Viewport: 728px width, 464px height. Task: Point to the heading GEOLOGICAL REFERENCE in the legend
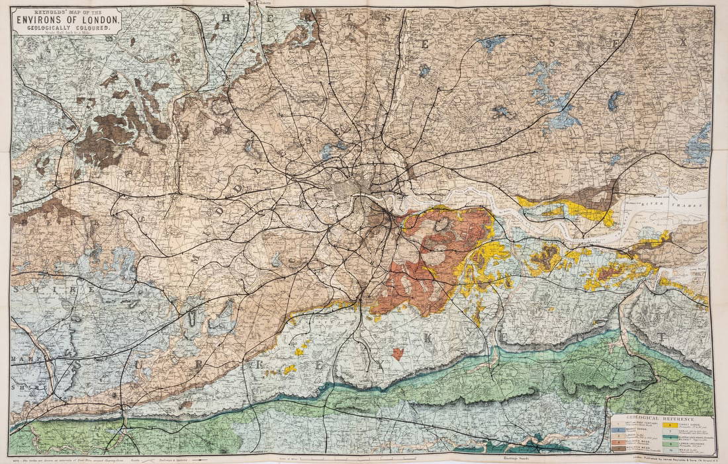tap(660, 419)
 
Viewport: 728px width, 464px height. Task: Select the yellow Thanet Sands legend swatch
tap(670, 425)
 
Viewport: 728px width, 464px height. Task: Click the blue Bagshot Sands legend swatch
tap(618, 430)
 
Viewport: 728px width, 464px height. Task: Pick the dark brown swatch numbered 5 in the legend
tap(619, 448)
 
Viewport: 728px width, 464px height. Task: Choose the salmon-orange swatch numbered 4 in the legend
tap(619, 442)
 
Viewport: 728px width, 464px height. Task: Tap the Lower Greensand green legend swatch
tap(670, 444)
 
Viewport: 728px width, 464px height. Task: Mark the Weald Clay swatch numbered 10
tap(670, 450)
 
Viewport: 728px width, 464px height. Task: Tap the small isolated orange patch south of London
tap(398, 354)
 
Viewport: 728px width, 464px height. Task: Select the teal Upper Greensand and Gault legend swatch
tap(670, 438)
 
